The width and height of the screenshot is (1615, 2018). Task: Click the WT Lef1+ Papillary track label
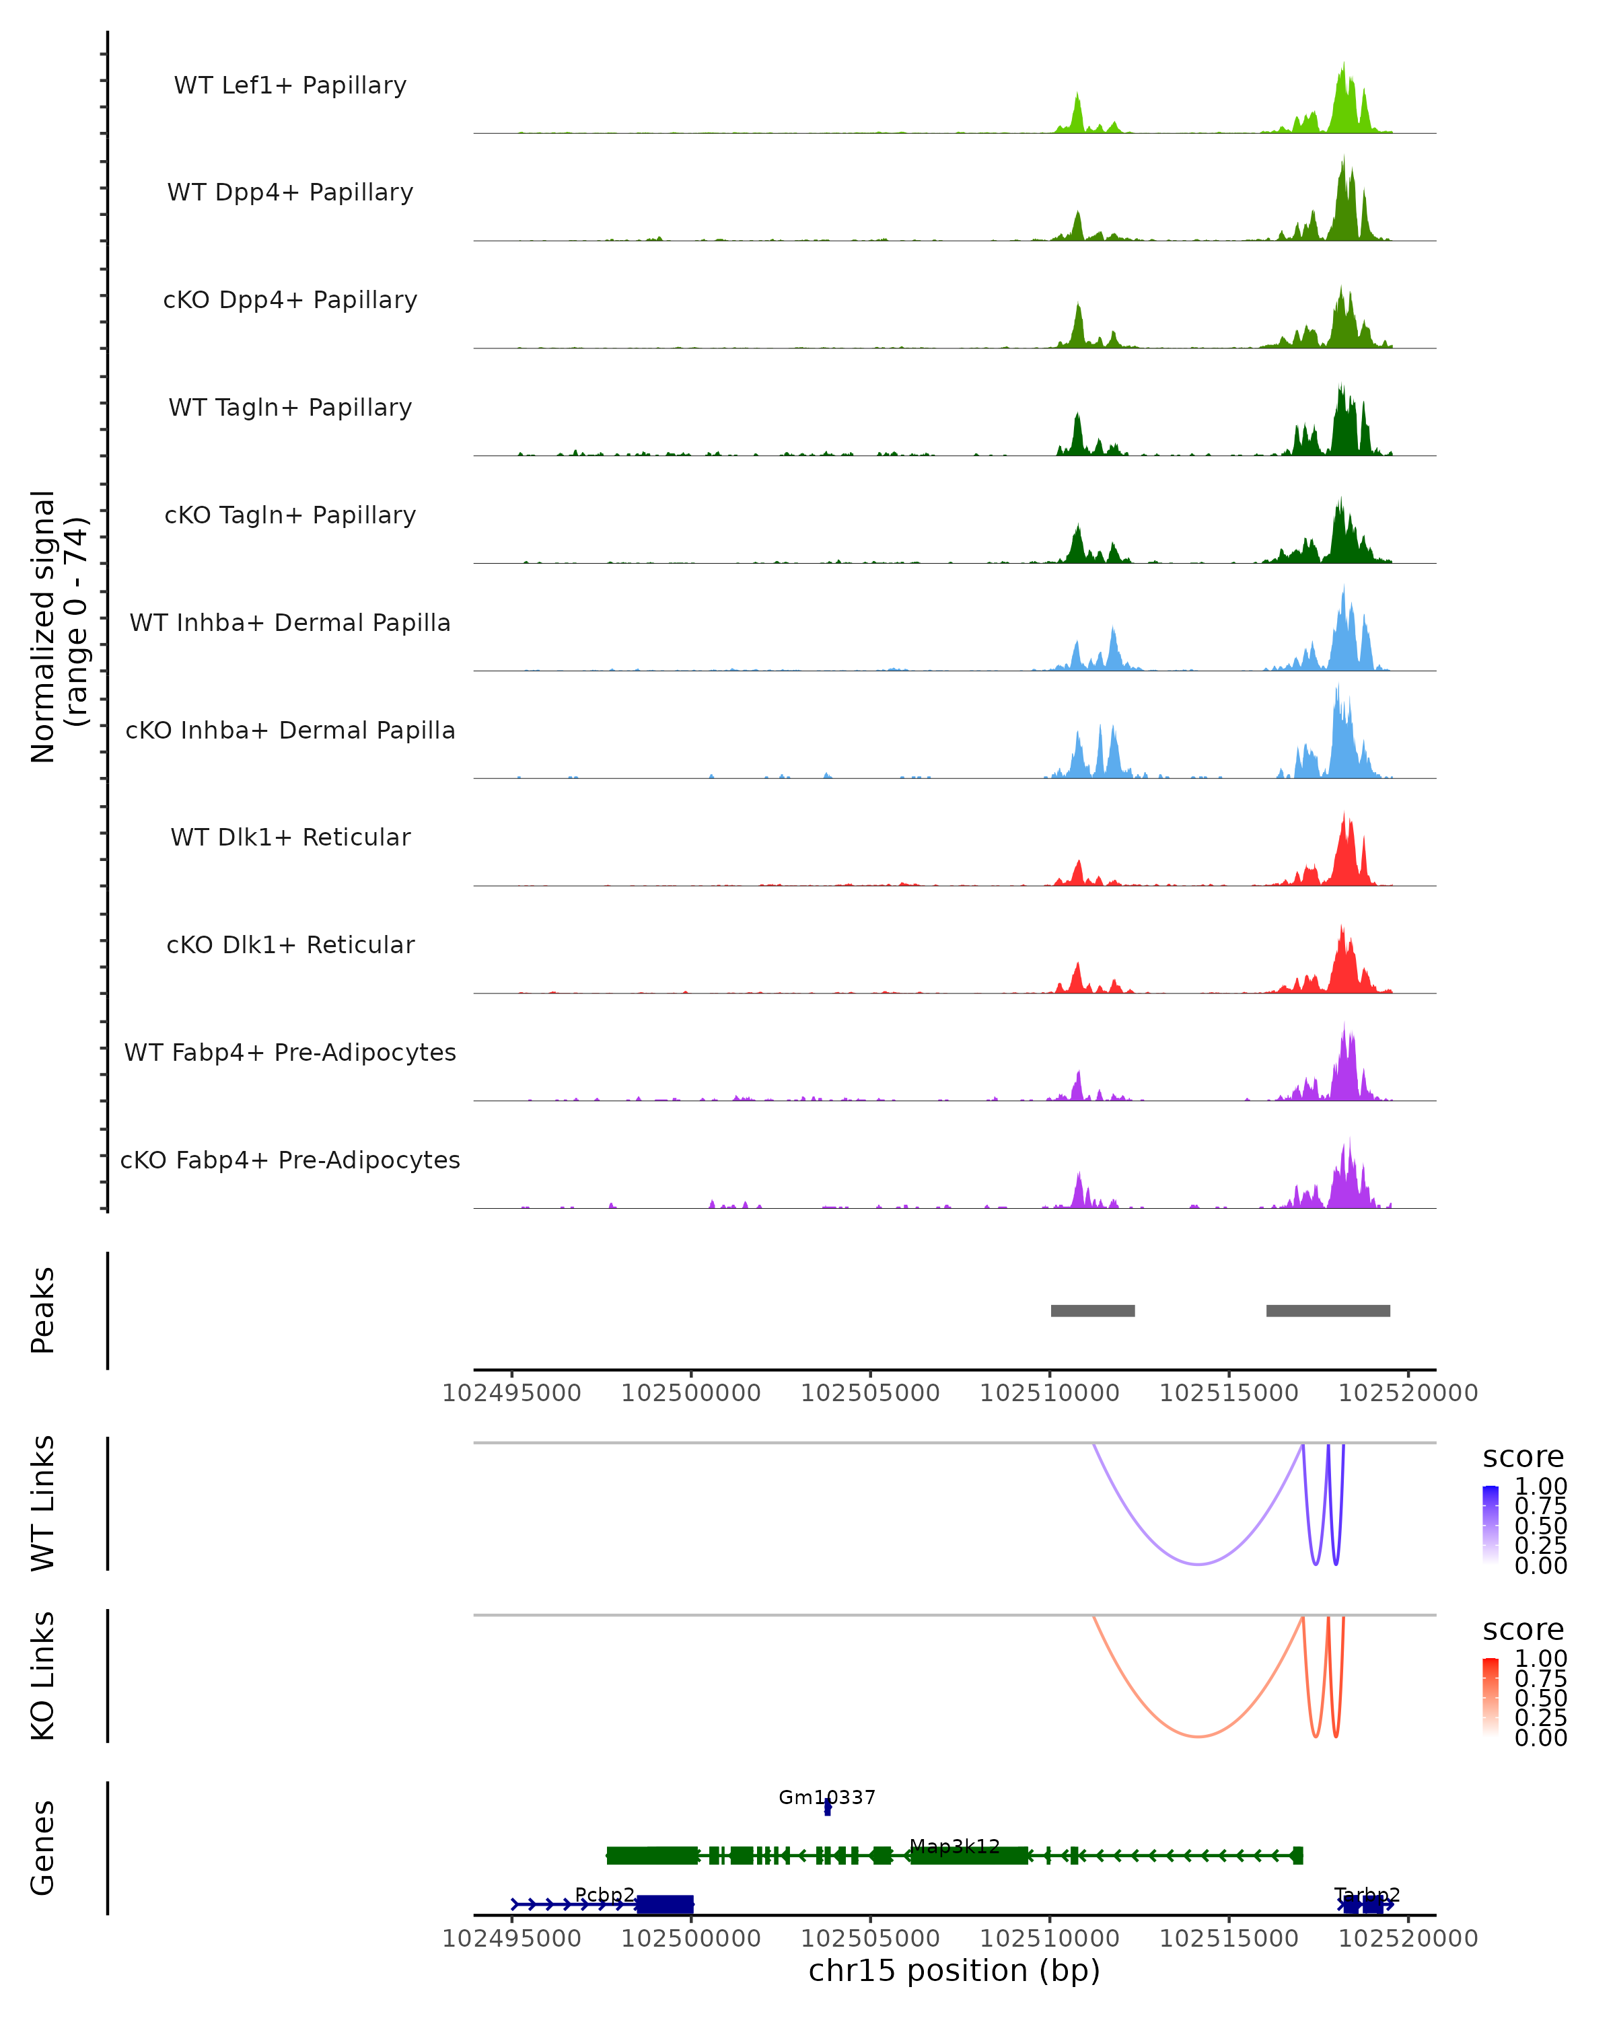[290, 85]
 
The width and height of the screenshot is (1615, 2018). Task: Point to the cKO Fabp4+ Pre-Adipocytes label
[290, 1160]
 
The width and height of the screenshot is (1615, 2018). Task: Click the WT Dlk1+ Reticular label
[290, 837]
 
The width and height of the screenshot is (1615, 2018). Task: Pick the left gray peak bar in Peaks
[1093, 1310]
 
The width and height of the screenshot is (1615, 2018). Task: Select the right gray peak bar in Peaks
[1328, 1310]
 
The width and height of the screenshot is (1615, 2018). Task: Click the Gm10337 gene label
[827, 1797]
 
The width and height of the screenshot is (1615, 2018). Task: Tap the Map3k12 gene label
[954, 1846]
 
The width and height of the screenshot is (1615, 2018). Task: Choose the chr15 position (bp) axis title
[954, 1970]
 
